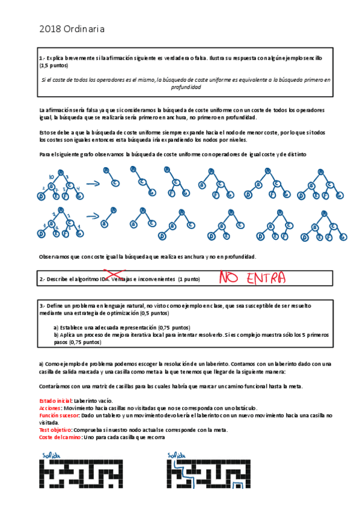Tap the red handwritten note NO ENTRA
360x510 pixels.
click(252, 278)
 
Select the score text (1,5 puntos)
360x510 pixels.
click(53, 66)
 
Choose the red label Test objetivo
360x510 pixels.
click(55, 430)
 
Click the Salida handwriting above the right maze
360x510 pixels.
click(177, 455)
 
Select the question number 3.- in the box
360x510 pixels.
click(42, 306)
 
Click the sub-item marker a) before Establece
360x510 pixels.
click(56, 328)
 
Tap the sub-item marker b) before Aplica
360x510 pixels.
click(56, 335)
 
